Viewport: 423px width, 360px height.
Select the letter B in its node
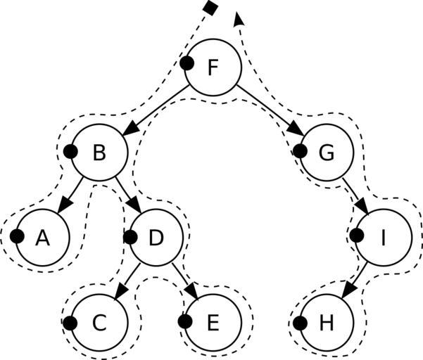point(99,153)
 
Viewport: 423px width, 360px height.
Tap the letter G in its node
point(326,153)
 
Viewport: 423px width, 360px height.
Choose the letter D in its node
point(156,238)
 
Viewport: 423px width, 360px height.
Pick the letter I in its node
point(383,238)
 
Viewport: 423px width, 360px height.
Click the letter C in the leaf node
point(99,323)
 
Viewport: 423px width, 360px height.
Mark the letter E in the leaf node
point(213,323)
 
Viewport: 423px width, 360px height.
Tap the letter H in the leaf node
point(326,323)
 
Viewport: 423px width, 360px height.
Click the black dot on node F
point(187,63)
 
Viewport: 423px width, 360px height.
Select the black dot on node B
point(70,150)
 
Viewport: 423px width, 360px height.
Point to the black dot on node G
point(301,150)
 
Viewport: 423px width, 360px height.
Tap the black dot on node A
point(16,236)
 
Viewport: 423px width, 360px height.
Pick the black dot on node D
point(130,236)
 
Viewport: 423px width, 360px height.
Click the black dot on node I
point(357,236)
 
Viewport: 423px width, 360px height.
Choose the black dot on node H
point(300,323)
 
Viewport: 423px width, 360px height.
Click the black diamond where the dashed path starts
point(209,8)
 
